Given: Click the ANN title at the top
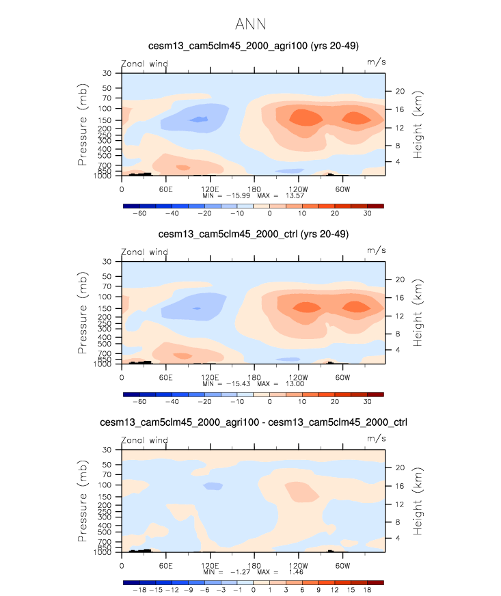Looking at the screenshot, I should click(x=249, y=25).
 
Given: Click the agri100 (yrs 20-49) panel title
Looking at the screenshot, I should click(x=254, y=46).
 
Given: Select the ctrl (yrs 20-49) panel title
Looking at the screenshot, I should click(x=254, y=234).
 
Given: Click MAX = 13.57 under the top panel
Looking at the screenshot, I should click(x=280, y=195).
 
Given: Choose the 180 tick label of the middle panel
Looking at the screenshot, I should click(x=254, y=377).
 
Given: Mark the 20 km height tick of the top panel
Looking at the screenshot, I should click(x=401, y=91).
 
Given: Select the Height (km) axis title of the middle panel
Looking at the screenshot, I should click(x=418, y=312).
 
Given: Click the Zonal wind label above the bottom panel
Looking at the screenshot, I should click(x=144, y=439).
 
